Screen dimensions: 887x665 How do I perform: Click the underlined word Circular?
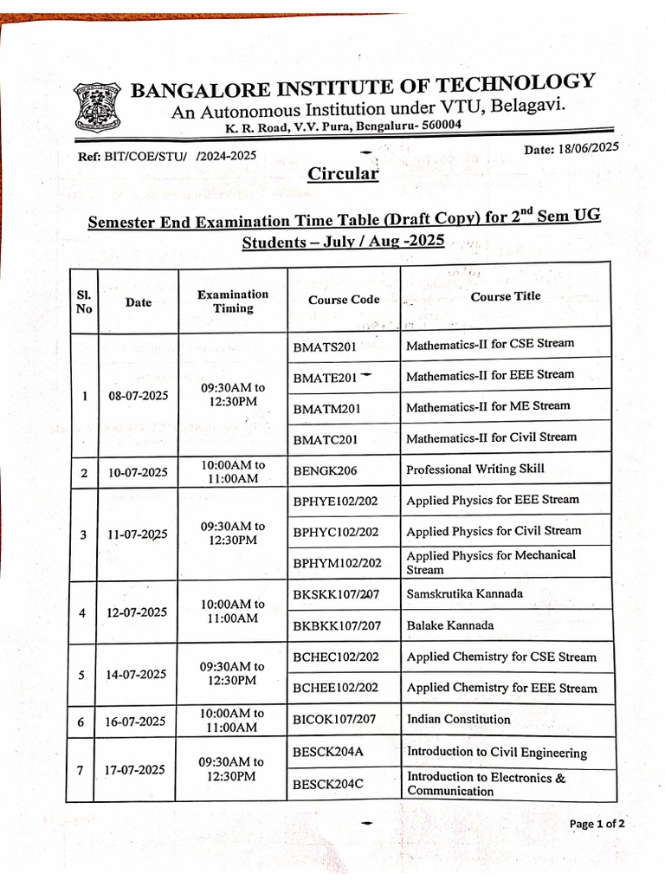coord(344,174)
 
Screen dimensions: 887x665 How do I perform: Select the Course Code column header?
coord(344,300)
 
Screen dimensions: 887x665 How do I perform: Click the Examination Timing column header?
coord(233,301)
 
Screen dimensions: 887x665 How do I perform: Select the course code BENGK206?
coord(325,471)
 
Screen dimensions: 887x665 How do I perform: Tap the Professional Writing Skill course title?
coord(475,469)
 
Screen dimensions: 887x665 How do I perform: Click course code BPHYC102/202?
coord(336,532)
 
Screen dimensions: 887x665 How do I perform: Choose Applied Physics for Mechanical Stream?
coord(491,562)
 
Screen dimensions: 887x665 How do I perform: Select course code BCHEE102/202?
coord(336,688)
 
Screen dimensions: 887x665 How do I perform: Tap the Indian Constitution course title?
coord(459,719)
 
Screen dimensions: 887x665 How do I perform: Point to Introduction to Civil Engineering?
coord(497,753)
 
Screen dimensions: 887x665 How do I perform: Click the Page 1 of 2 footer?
coord(597,824)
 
